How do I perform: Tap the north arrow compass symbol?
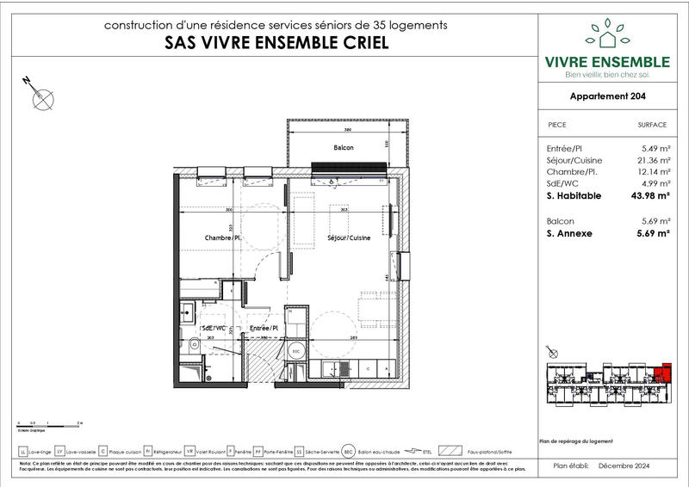40,98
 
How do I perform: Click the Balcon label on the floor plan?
344,148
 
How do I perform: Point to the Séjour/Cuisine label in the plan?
349,237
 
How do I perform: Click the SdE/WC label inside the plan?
213,328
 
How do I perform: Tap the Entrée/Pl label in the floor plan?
264,328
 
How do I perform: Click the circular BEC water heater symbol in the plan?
295,353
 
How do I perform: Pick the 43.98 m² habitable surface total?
651,195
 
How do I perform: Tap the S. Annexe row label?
569,232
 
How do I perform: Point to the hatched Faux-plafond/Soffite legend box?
450,450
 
